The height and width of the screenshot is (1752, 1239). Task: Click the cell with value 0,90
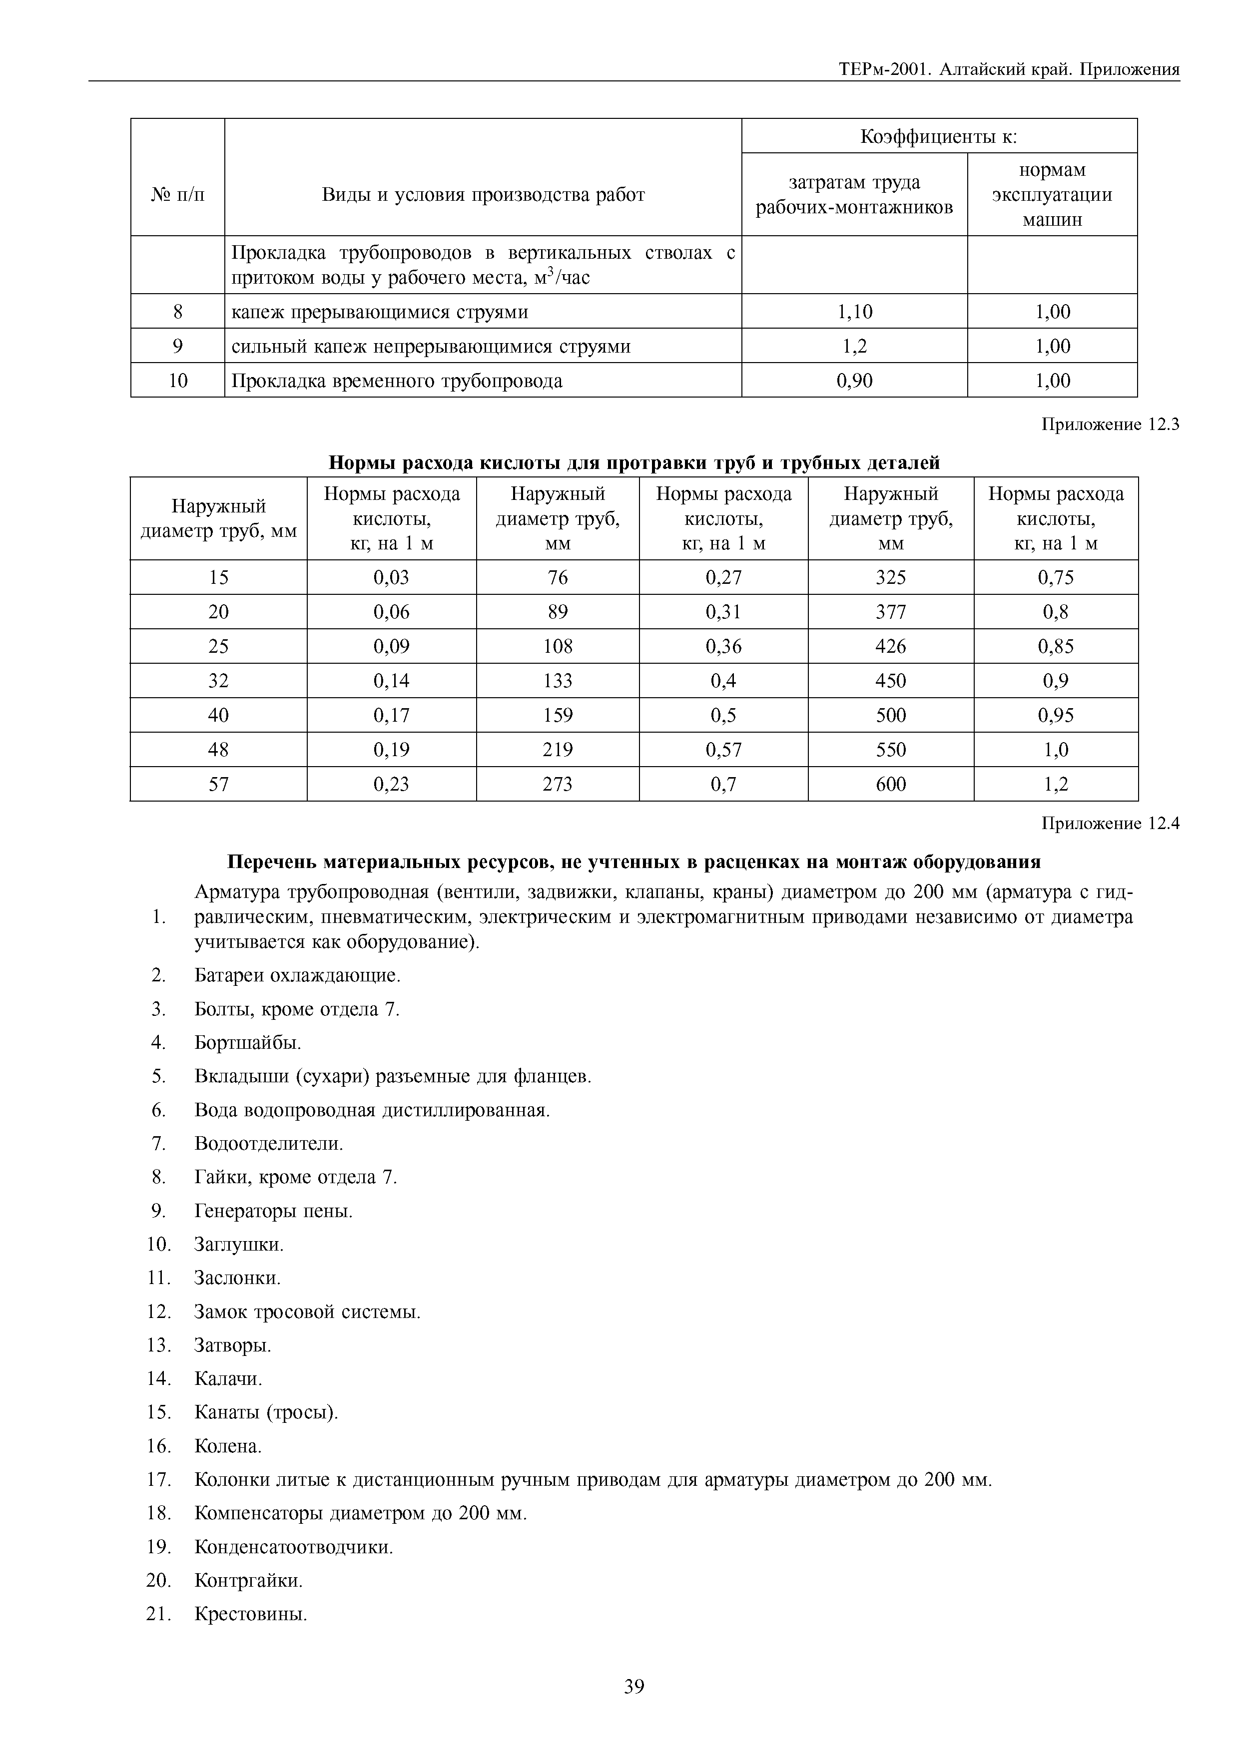(854, 381)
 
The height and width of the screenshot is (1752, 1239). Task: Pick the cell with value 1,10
(854, 311)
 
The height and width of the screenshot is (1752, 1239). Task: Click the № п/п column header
(178, 195)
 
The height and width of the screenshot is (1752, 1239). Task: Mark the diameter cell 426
(890, 646)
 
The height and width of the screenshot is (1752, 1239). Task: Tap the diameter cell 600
(890, 784)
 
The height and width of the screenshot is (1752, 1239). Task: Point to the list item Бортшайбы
(248, 1042)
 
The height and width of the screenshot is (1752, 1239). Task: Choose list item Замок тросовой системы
(307, 1312)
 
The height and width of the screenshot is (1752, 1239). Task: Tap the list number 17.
(158, 1480)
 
